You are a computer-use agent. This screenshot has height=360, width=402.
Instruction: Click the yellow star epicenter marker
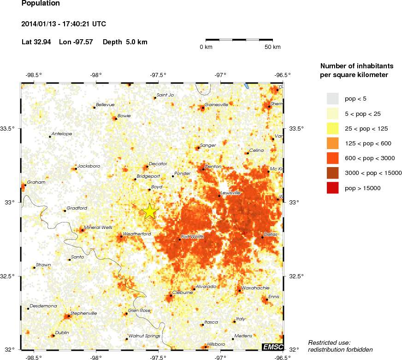point(150,211)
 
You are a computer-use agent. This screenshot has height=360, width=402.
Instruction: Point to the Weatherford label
point(137,234)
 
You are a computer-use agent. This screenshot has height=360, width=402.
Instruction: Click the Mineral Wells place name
point(98,227)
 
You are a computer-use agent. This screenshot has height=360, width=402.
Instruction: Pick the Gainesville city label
point(216,104)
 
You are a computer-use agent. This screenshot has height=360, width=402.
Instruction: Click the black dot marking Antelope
point(50,137)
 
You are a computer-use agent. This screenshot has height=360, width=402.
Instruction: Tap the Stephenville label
point(83,313)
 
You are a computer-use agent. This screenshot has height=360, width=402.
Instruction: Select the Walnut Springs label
point(144,336)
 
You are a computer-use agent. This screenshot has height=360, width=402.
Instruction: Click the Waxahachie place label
point(255,287)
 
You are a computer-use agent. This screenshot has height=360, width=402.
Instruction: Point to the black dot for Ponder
point(173,176)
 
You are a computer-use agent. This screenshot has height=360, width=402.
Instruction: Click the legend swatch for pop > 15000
point(333,188)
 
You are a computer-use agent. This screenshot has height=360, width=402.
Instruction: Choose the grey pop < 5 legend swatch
point(333,98)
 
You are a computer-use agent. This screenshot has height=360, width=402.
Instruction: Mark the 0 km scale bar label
point(206,47)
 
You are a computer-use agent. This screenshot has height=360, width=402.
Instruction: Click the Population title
point(41,4)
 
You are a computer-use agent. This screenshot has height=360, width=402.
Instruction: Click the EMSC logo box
point(272,347)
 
